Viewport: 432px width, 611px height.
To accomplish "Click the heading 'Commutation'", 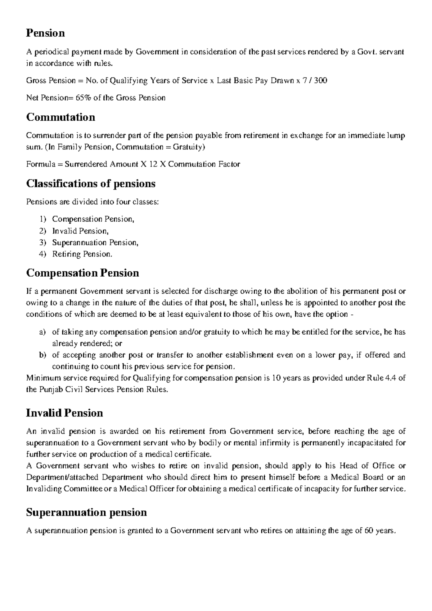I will click(x=60, y=117).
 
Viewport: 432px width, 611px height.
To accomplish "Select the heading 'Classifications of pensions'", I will click(x=91, y=184).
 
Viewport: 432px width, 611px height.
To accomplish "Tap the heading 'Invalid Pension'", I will click(x=64, y=413).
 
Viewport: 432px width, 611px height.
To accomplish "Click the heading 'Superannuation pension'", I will click(x=86, y=512).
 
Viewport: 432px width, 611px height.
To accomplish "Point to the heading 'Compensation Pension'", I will click(x=82, y=273).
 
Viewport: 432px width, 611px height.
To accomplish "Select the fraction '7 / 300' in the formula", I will click(x=314, y=80).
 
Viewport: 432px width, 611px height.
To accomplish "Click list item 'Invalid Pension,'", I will click(x=80, y=231).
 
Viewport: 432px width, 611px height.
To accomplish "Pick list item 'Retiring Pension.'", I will click(x=82, y=254).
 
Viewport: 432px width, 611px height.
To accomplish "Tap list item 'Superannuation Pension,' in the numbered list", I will click(x=95, y=242).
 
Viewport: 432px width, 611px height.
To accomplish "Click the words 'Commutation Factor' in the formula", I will click(x=204, y=164).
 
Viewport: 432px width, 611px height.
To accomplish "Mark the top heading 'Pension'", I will click(x=45, y=33).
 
